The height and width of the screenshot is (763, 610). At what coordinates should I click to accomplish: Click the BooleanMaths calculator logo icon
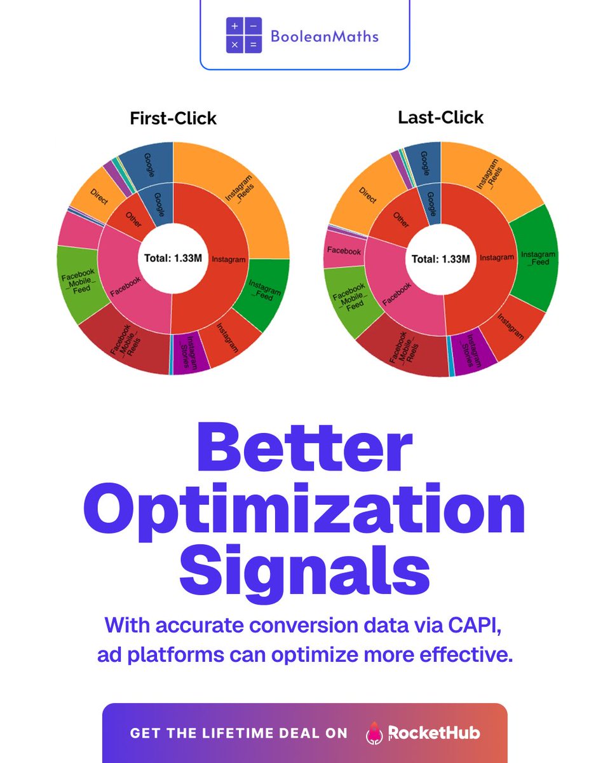pyautogui.click(x=243, y=34)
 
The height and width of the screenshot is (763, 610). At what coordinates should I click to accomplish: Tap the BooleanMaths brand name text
pyautogui.click(x=324, y=36)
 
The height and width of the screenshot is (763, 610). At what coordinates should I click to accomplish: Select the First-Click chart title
pyautogui.click(x=173, y=118)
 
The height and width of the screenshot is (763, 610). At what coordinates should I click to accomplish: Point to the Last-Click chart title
pyautogui.click(x=440, y=118)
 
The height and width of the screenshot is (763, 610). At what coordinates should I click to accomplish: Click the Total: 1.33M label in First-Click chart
pyautogui.click(x=173, y=258)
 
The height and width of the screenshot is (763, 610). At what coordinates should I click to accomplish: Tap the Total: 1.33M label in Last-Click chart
pyautogui.click(x=440, y=259)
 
